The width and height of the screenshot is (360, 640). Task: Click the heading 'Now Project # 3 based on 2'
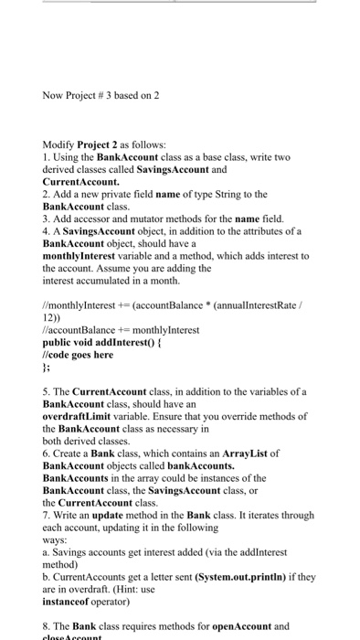click(101, 95)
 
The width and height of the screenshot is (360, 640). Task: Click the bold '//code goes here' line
click(78, 356)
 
